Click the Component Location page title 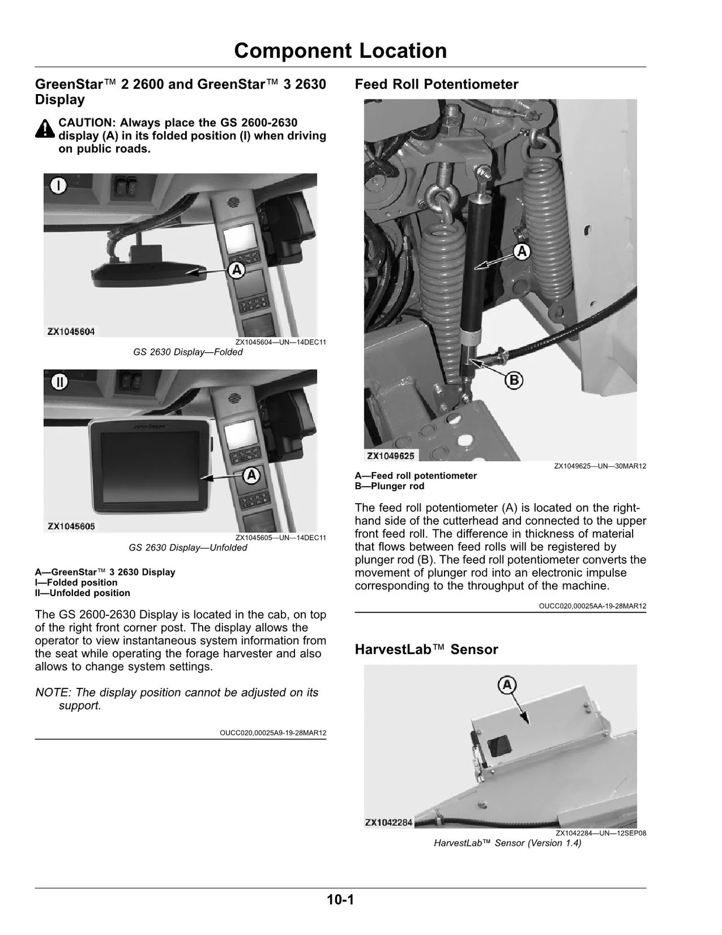(x=341, y=51)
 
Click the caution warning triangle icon (x=45, y=129)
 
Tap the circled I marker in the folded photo (x=58, y=186)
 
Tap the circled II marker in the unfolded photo (x=59, y=382)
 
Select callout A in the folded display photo (x=236, y=270)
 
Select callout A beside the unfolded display (x=251, y=475)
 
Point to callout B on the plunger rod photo (x=513, y=380)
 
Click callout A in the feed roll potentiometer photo (x=521, y=252)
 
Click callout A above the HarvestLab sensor (x=507, y=685)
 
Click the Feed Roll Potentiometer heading (x=436, y=84)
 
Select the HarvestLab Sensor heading (x=426, y=649)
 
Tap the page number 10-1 (x=341, y=899)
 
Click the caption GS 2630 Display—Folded (x=188, y=352)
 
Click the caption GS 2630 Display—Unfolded (x=188, y=548)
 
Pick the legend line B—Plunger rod (x=390, y=486)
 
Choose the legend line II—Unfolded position (x=82, y=593)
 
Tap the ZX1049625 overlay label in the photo (x=391, y=456)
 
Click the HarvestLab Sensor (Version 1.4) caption (x=507, y=843)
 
